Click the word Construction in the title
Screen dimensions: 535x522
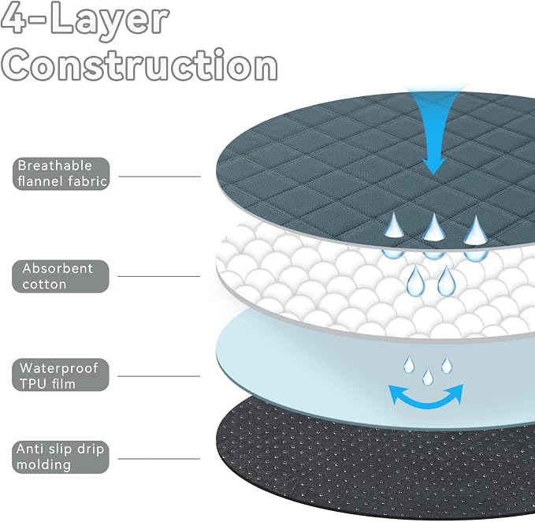(x=139, y=65)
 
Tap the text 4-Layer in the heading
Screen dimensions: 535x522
(x=84, y=19)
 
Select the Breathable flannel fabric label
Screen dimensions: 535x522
(x=61, y=173)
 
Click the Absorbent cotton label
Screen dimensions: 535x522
(x=61, y=276)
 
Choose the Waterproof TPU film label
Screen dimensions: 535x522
(x=61, y=375)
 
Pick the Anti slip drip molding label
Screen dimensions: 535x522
(x=61, y=457)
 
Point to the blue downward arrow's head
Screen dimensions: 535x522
(x=433, y=166)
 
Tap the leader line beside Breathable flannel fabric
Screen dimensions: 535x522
(x=159, y=177)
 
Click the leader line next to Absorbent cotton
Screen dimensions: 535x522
(x=159, y=276)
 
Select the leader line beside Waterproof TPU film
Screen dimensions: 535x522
(x=159, y=376)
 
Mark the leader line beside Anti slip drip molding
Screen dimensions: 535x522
(x=159, y=459)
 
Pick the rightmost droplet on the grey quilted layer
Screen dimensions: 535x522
(x=476, y=232)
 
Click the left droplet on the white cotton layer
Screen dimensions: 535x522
(x=415, y=282)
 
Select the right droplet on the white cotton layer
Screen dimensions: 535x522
(x=447, y=282)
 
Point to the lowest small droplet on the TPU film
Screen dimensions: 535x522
(x=428, y=377)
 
